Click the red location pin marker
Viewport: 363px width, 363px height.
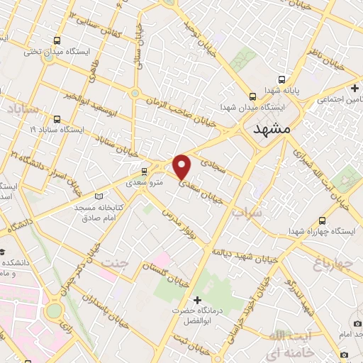(182, 166)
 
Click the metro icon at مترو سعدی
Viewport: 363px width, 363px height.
(145, 171)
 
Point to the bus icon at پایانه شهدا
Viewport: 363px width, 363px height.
(282, 80)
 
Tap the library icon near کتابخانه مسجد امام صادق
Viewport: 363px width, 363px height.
(98, 196)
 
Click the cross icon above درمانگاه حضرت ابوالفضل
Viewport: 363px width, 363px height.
(197, 300)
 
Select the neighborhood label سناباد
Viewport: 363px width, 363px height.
(23, 110)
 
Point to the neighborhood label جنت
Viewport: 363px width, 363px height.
(117, 264)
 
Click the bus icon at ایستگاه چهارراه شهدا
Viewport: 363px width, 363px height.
(323, 220)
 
